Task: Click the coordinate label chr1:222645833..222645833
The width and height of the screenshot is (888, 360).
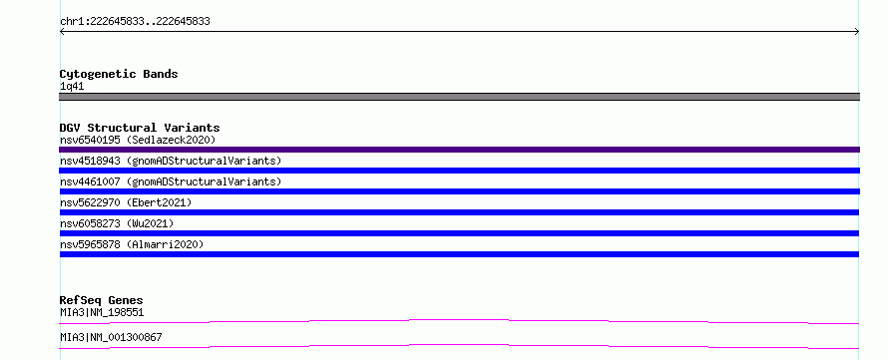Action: click(x=135, y=22)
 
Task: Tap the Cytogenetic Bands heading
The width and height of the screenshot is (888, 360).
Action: click(x=119, y=74)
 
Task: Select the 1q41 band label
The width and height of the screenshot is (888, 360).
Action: click(x=72, y=87)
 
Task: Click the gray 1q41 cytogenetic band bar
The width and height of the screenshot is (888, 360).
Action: click(x=459, y=97)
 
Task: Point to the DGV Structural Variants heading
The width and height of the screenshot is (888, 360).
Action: click(x=140, y=128)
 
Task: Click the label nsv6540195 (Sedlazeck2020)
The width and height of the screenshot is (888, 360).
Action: click(x=138, y=140)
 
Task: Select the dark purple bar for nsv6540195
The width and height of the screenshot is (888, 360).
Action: click(x=459, y=150)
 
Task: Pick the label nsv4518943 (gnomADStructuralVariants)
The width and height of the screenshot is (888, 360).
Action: click(x=171, y=161)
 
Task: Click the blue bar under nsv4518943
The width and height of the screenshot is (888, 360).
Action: click(x=459, y=171)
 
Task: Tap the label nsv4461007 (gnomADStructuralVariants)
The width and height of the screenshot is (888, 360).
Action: click(x=171, y=181)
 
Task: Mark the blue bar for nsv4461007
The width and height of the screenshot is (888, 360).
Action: click(x=459, y=191)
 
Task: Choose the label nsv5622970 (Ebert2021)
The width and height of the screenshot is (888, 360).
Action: click(x=126, y=202)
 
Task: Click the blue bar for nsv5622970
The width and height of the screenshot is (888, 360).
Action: click(x=459, y=212)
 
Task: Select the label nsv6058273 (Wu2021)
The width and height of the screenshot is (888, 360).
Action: click(x=117, y=223)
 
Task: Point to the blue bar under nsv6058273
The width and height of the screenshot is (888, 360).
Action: click(x=459, y=233)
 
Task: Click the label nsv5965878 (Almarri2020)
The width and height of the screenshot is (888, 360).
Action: click(x=132, y=244)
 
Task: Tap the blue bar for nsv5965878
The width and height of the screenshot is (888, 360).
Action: click(x=459, y=254)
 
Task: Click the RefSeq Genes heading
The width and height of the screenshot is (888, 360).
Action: click(x=102, y=300)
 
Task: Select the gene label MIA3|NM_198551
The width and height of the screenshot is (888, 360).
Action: click(x=102, y=312)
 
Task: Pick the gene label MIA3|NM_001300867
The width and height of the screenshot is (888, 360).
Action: click(x=111, y=337)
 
